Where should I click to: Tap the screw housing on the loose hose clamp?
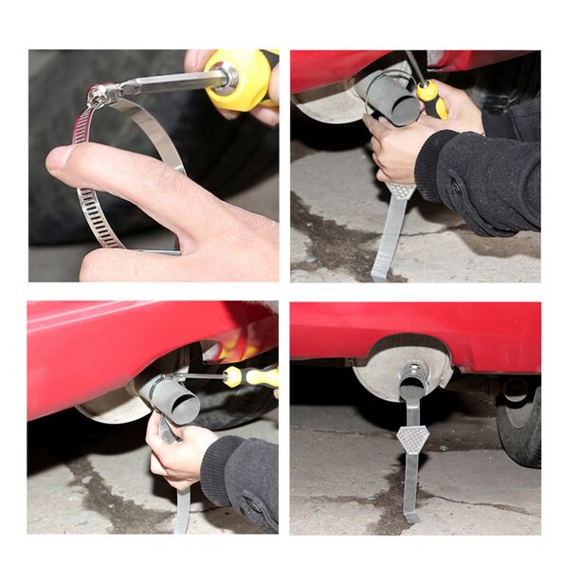point(101,94)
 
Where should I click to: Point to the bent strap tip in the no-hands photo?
point(411,516)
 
